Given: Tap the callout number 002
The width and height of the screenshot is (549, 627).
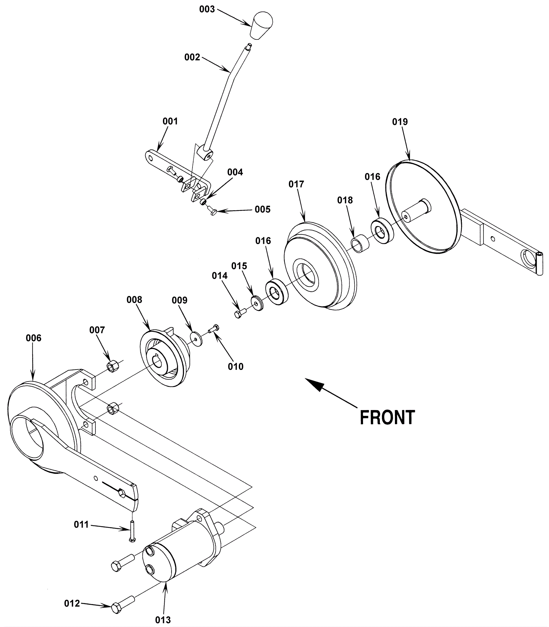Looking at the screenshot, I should pos(192,57).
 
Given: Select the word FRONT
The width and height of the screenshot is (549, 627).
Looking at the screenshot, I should pos(387,418).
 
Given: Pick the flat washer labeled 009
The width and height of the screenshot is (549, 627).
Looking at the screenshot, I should pos(196,339).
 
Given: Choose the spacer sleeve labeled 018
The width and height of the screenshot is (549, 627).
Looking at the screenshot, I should pos(360,244).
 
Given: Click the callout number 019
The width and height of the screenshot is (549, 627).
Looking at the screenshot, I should pos(400,122).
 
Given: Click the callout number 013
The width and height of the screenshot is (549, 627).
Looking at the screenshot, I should pos(163,620).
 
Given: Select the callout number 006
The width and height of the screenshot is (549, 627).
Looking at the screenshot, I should pos(33,338).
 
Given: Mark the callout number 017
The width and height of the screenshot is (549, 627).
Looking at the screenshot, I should pos(296,184).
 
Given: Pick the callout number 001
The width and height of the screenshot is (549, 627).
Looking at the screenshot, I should pos(170,121).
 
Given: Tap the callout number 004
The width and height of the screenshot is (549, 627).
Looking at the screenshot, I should pos(235,172).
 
